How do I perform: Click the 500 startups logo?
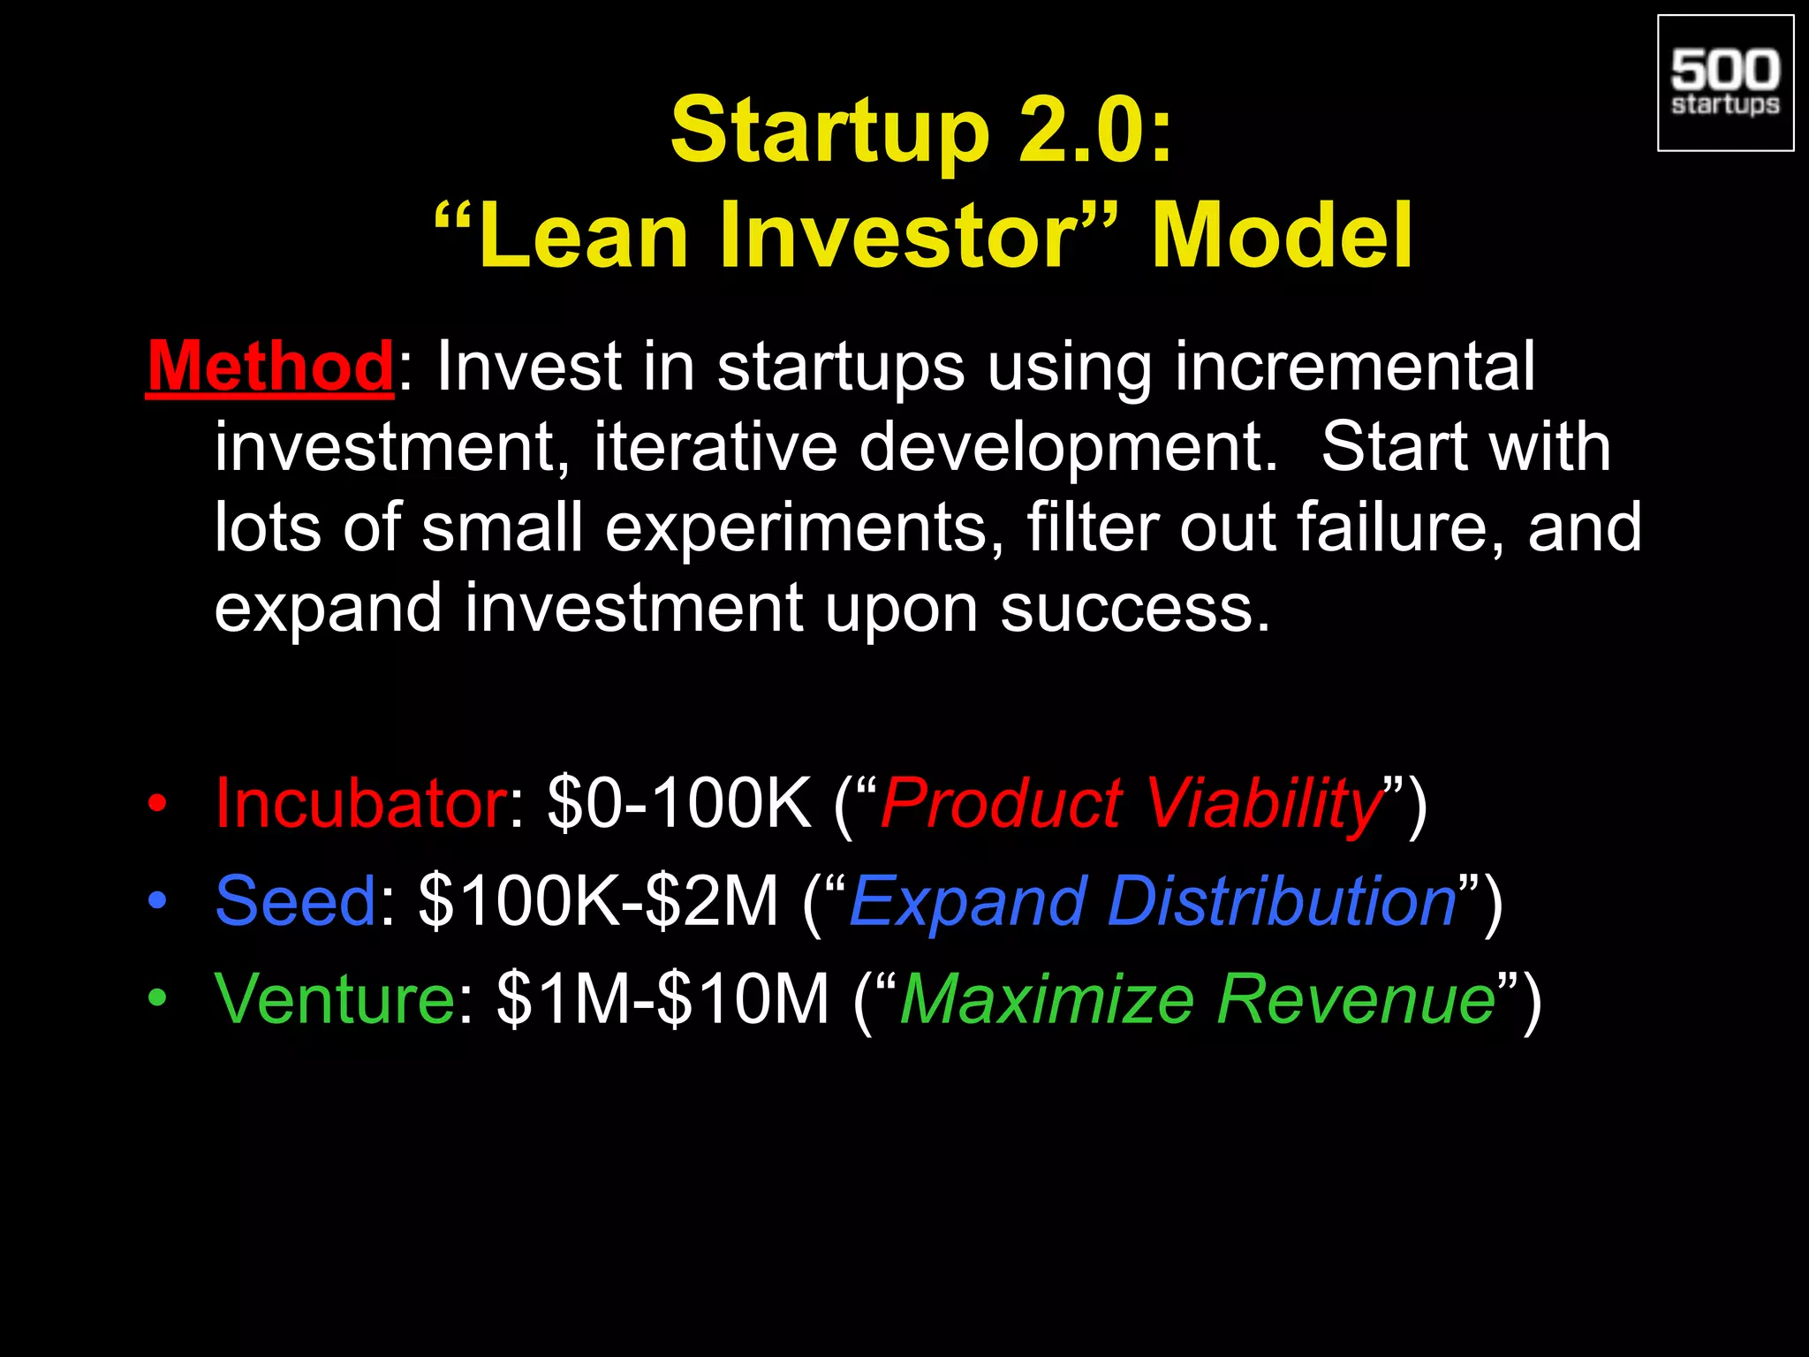(1725, 83)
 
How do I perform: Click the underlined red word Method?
(270, 367)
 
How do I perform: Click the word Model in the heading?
(1282, 236)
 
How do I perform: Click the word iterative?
(715, 447)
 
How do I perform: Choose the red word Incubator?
(360, 803)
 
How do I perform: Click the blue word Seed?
(296, 901)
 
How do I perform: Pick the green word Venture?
(335, 998)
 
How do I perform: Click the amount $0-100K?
(678, 803)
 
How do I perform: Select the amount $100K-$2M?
(598, 901)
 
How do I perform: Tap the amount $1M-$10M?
(662, 998)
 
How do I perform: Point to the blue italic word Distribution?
(1281, 901)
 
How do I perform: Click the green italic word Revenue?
(1356, 998)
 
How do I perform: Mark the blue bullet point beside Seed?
(157, 901)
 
